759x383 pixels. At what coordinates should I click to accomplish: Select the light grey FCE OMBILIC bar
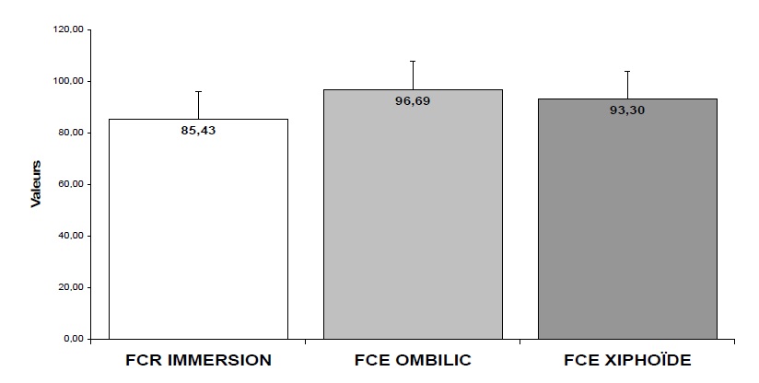413,221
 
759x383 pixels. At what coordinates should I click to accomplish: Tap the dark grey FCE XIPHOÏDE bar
627,226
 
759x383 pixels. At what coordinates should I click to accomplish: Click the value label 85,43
198,131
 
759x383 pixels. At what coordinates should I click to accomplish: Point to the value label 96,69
413,101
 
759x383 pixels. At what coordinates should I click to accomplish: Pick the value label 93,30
627,110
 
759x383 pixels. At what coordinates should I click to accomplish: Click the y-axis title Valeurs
36,184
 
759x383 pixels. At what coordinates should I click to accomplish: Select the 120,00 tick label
70,29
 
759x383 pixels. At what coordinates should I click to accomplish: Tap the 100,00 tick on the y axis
70,81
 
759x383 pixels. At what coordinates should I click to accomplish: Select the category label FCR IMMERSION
198,360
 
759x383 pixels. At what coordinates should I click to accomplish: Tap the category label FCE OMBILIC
413,360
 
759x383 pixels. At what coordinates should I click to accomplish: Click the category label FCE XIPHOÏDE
627,360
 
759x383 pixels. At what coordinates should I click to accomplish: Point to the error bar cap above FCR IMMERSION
198,91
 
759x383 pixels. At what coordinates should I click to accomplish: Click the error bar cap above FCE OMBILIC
413,61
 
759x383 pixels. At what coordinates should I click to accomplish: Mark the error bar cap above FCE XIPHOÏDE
627,71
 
